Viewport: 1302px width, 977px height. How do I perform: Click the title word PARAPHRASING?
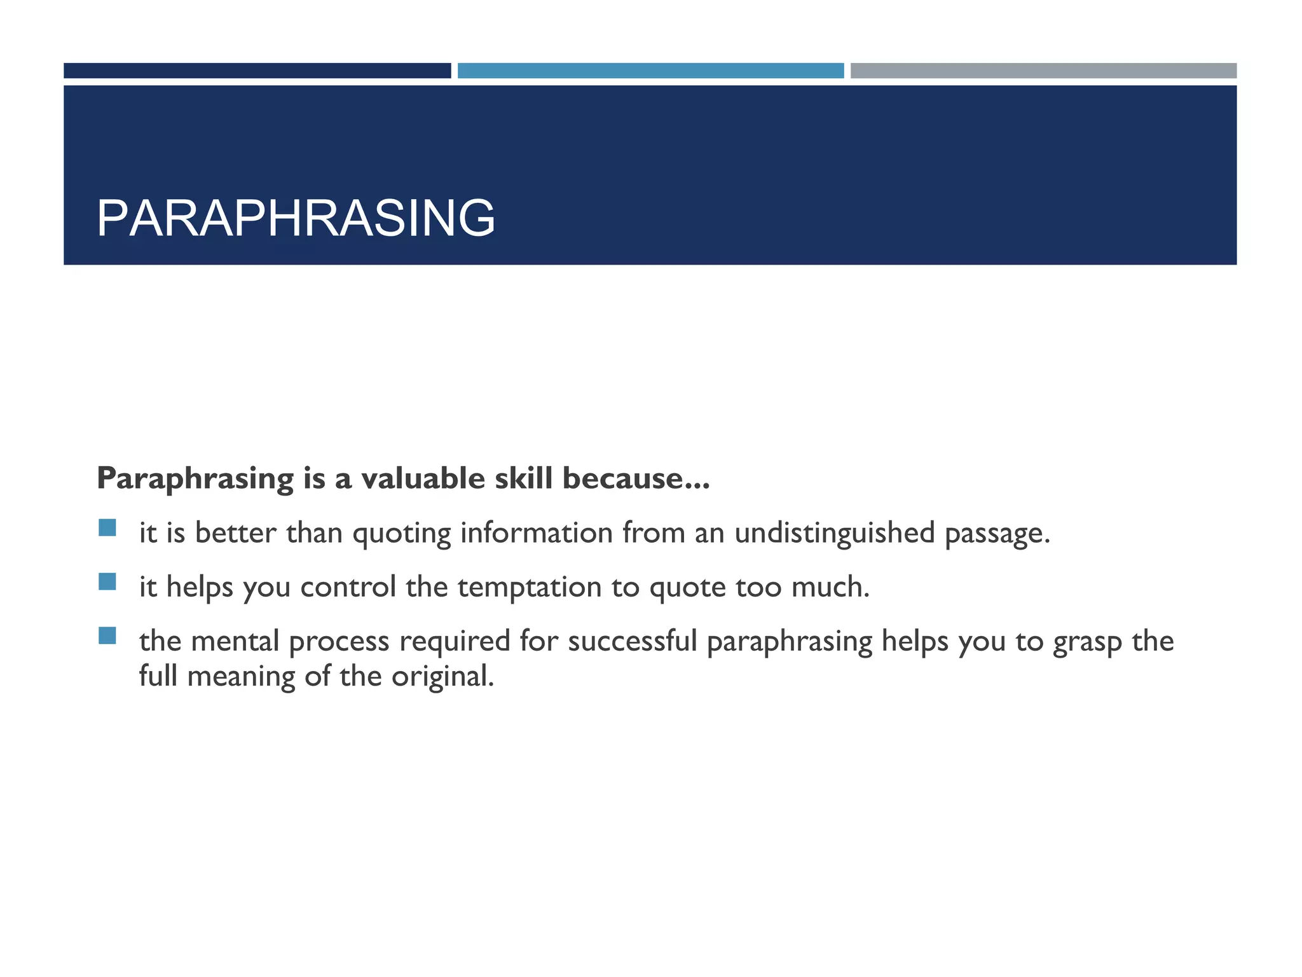coord(296,218)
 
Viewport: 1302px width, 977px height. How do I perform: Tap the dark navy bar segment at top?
coord(257,71)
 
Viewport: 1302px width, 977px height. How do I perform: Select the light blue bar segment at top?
coord(650,71)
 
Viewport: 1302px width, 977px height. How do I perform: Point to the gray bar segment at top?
coord(1043,71)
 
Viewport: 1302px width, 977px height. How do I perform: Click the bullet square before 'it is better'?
coord(107,528)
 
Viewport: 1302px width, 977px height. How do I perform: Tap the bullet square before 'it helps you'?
coord(107,582)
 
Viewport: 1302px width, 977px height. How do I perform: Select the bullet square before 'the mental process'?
coord(107,636)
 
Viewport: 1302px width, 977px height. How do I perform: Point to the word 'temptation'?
coord(530,587)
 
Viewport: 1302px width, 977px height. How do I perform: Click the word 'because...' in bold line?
coord(636,478)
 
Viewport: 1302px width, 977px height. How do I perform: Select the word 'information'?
coord(537,533)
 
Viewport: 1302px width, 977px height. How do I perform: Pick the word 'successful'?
coord(633,641)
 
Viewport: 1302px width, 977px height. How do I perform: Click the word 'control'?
coord(348,587)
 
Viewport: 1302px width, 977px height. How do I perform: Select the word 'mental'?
coord(235,641)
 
